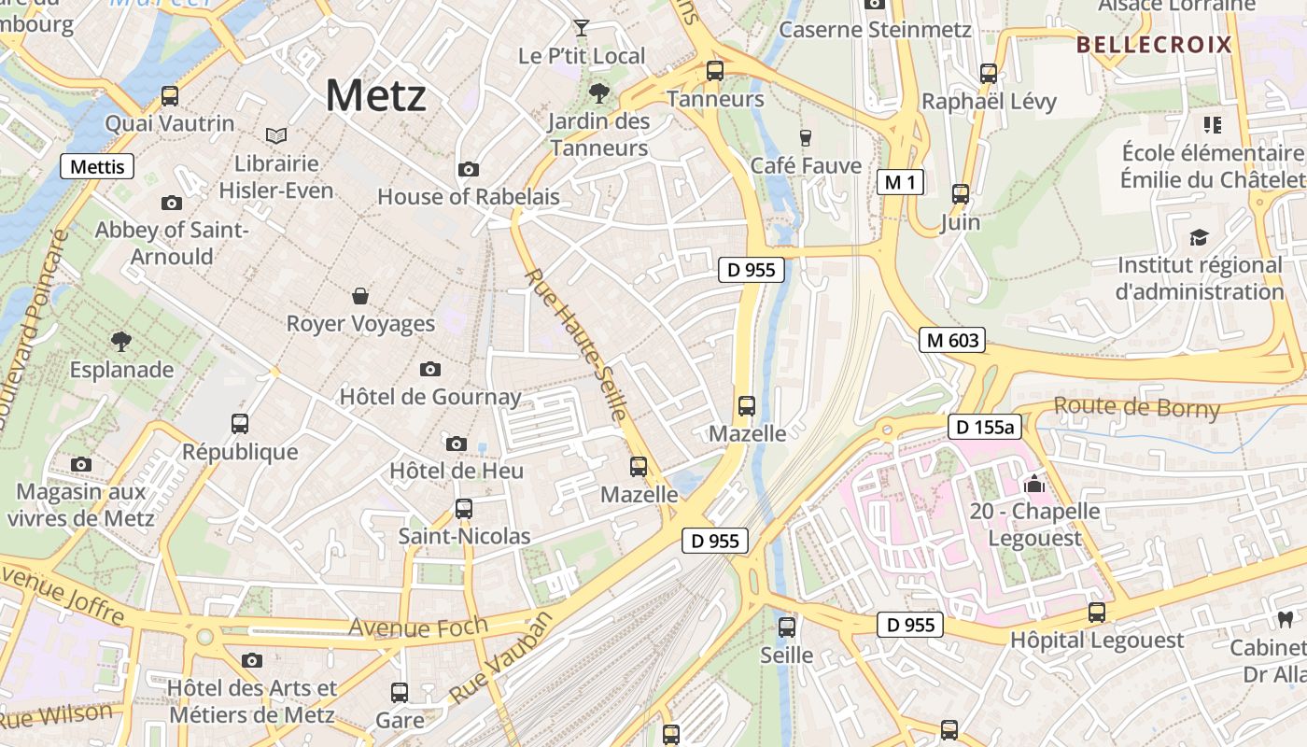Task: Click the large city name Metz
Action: click(x=376, y=95)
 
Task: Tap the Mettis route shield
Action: click(x=97, y=167)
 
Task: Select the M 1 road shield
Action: click(x=900, y=182)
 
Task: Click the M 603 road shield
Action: click(x=951, y=340)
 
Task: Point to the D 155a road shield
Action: click(x=986, y=428)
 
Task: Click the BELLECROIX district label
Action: click(x=1154, y=45)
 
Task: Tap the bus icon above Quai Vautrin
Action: click(x=170, y=95)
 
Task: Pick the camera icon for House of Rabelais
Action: click(x=468, y=169)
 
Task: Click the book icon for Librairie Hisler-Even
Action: click(x=275, y=136)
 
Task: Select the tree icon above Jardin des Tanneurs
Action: click(x=598, y=92)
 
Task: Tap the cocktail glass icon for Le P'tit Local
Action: click(x=582, y=28)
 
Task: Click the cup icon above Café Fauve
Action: click(x=806, y=138)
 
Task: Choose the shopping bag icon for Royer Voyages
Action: click(x=360, y=296)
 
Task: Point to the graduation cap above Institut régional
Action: click(x=1199, y=238)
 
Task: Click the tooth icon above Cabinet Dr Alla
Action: click(x=1285, y=619)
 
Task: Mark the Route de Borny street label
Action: click(x=1136, y=407)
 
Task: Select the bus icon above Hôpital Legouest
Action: click(x=1097, y=613)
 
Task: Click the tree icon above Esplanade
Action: click(x=120, y=341)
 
